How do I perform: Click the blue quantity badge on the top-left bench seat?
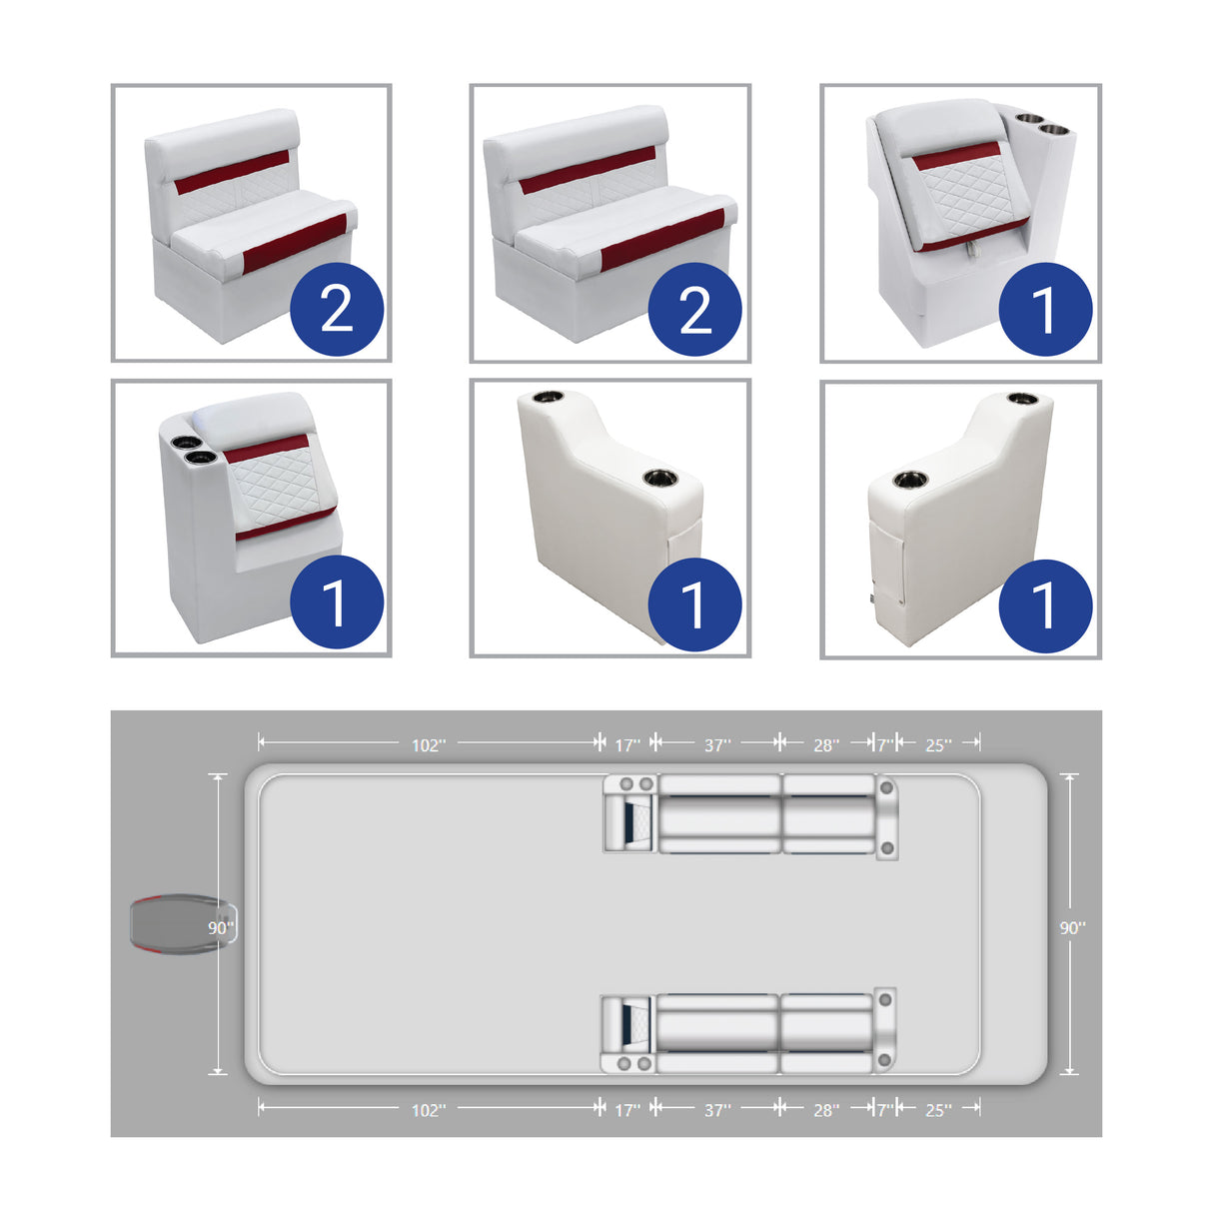(x=337, y=309)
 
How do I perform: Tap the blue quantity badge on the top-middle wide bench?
(x=694, y=309)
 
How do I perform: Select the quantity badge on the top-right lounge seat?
(x=1045, y=309)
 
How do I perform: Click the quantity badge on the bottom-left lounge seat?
(x=337, y=603)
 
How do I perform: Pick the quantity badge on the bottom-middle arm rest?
(x=694, y=605)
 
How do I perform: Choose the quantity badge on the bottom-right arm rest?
(x=1045, y=606)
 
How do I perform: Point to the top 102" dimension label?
(x=429, y=745)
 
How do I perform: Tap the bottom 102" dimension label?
(x=429, y=1110)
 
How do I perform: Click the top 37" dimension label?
(x=717, y=745)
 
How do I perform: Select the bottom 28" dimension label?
(x=825, y=1110)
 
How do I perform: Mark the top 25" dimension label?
(x=937, y=745)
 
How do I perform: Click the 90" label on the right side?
(x=1072, y=927)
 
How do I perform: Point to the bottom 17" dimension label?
(x=626, y=1110)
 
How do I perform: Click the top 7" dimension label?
(x=884, y=745)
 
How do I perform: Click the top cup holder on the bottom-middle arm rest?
(x=550, y=397)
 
